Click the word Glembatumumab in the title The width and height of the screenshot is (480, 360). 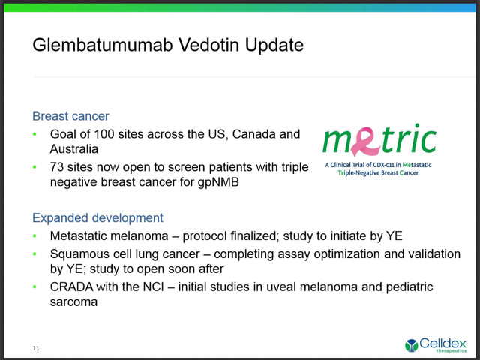point(103,45)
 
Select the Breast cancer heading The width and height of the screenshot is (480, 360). point(70,116)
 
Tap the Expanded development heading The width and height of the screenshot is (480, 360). point(97,218)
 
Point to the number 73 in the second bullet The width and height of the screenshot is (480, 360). point(57,167)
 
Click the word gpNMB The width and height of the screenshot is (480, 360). point(218,182)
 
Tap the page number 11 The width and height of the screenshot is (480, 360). point(36,348)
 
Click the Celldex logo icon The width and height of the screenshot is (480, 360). point(411,345)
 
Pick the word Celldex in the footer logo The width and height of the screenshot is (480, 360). point(442,343)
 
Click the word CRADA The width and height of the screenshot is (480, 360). point(71,286)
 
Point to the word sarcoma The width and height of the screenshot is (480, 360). point(73,302)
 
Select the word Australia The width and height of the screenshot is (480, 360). point(74,149)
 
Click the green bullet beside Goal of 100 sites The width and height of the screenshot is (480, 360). point(34,134)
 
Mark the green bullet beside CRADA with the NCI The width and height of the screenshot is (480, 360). point(34,287)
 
